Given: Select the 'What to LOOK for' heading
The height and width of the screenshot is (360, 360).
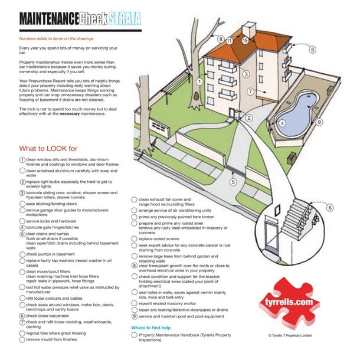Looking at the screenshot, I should point(53,148).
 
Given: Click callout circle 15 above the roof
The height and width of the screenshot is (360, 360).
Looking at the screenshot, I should point(245,41).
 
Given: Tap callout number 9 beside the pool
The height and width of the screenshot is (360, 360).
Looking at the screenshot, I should point(319,122).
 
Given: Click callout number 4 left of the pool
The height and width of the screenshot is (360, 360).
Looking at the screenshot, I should point(282,123).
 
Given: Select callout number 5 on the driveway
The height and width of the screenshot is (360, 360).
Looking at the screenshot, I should point(233,182).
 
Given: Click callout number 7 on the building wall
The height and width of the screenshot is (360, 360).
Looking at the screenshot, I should point(250,91).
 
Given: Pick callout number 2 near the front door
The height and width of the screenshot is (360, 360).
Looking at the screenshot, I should point(249,118).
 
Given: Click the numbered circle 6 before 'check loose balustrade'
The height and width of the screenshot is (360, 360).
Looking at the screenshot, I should point(22,316).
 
